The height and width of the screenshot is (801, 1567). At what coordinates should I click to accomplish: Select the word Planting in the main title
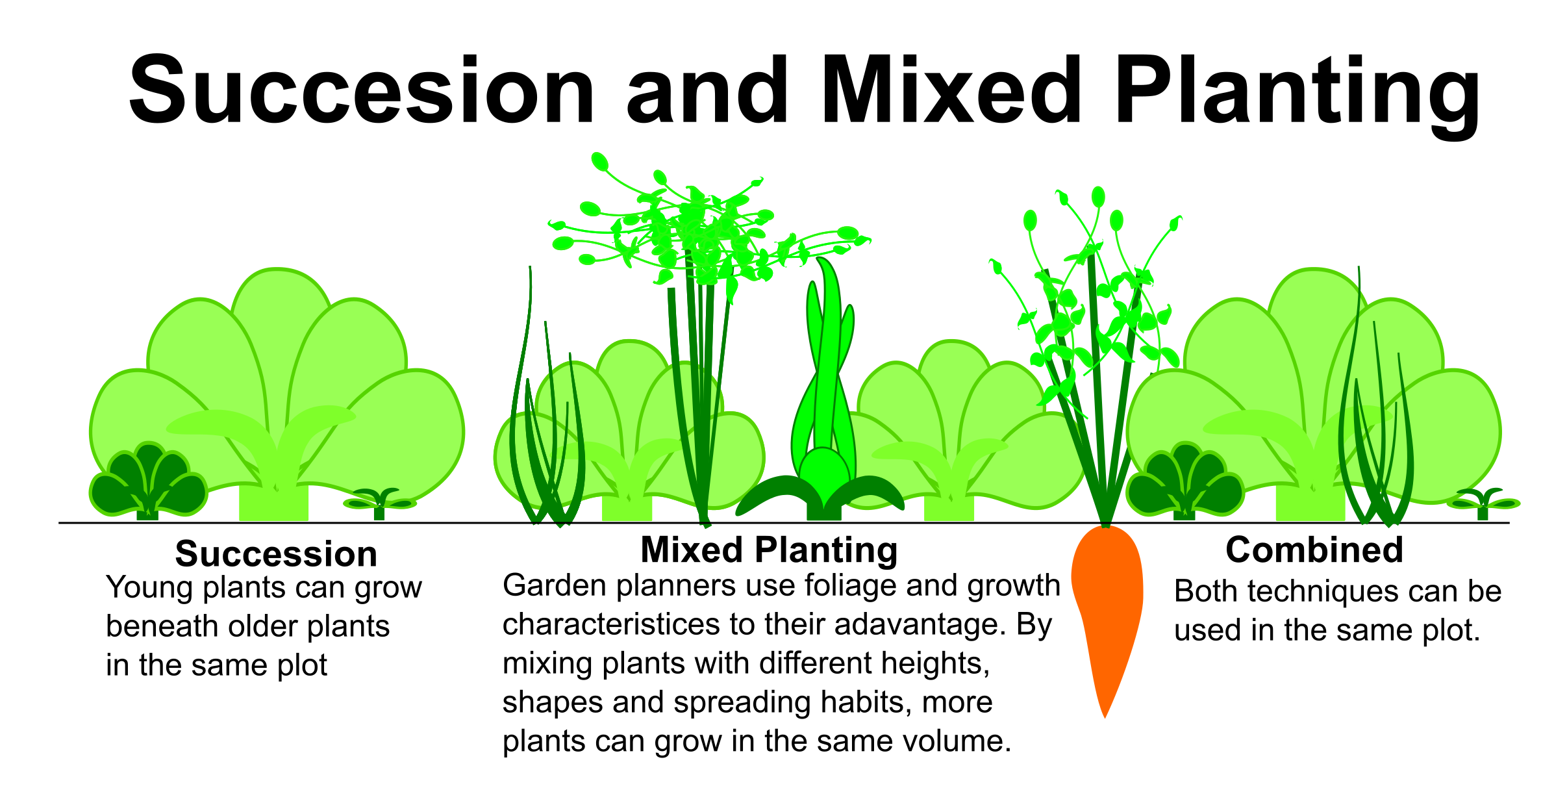[x=1297, y=95]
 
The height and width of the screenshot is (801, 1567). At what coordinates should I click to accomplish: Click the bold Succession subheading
[x=276, y=553]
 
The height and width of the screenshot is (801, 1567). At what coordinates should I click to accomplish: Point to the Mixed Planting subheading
[x=769, y=550]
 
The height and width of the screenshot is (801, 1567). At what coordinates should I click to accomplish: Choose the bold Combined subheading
[x=1314, y=550]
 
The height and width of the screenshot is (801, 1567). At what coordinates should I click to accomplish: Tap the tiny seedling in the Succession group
[x=380, y=503]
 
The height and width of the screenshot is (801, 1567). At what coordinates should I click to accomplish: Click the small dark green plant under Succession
[x=148, y=481]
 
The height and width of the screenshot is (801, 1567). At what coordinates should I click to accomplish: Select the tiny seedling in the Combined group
[x=1483, y=503]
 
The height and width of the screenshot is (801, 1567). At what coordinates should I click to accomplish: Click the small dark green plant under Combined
[x=1185, y=481]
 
